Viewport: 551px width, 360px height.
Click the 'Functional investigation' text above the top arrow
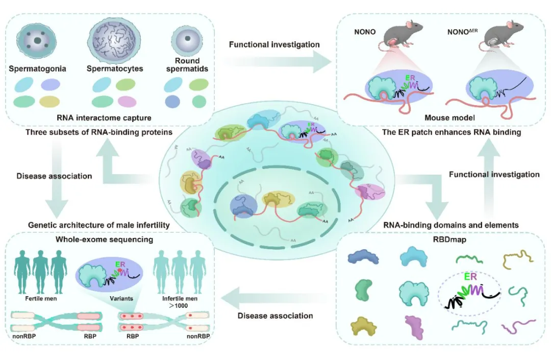(274, 44)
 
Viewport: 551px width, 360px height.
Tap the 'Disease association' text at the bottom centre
(275, 316)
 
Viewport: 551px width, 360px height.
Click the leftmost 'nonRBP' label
(23, 337)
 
